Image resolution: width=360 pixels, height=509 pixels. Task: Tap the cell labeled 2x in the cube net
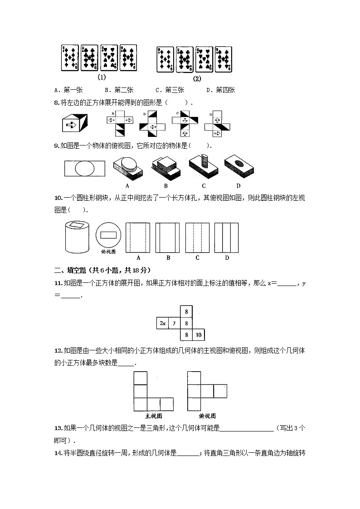pyautogui.click(x=162, y=323)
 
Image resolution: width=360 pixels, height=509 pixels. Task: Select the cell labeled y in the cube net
pyautogui.click(x=175, y=323)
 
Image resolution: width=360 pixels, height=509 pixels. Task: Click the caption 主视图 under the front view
pyautogui.click(x=153, y=416)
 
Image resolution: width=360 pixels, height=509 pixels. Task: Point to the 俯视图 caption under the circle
pyautogui.click(x=108, y=251)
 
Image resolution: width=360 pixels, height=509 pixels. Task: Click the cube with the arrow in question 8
pyautogui.click(x=74, y=123)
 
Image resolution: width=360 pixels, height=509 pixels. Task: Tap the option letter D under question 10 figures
pyautogui.click(x=227, y=258)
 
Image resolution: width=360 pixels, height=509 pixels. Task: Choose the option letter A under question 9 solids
pyautogui.click(x=127, y=186)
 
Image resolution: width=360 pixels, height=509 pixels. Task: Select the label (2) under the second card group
pyautogui.click(x=197, y=78)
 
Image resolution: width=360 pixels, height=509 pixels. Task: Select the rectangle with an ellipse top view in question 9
pyautogui.click(x=84, y=169)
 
